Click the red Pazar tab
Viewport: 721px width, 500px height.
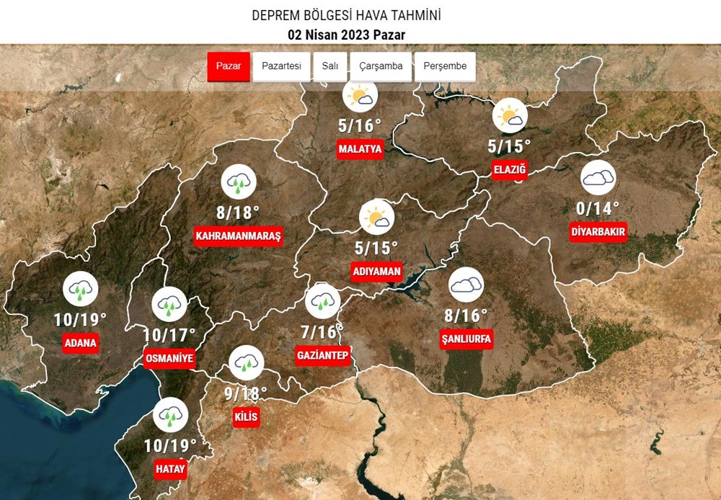[229, 66]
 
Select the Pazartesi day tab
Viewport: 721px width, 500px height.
[281, 66]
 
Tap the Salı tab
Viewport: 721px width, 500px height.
[330, 66]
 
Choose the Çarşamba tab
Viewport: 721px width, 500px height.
[381, 66]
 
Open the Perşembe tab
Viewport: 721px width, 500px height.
[445, 66]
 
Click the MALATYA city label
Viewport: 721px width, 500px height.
[360, 149]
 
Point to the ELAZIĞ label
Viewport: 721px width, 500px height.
[510, 170]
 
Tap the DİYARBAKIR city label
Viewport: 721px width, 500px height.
[598, 232]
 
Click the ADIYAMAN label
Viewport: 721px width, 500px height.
[376, 272]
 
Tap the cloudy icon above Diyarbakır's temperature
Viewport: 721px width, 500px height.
[598, 178]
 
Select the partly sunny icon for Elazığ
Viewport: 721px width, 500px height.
[510, 115]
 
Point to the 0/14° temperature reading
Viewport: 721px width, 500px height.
[598, 209]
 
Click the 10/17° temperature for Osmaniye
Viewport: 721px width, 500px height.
[169, 335]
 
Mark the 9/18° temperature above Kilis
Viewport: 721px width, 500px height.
[246, 393]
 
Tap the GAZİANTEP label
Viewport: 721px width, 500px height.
[322, 355]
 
